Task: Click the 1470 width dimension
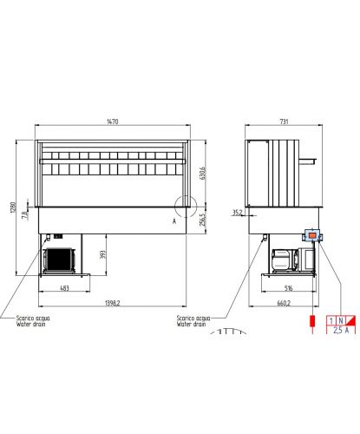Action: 113,122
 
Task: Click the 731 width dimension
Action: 284,122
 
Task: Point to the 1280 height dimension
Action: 13,207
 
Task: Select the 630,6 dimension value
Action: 203,173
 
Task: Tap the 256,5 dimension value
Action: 202,220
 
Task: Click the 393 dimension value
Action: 103,254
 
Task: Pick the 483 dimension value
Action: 64,288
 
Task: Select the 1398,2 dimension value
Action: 113,303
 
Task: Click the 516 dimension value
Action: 289,288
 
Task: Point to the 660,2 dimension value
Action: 284,303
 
